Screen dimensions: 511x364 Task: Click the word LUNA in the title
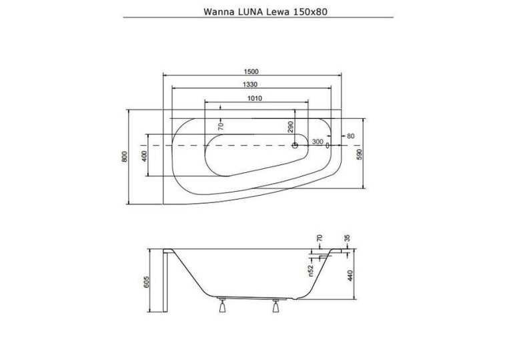point(248,12)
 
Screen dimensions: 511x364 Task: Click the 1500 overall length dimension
point(251,71)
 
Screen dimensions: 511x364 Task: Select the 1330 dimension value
point(250,84)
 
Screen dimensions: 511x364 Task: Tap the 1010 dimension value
point(255,98)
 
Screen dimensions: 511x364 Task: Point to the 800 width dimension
point(124,157)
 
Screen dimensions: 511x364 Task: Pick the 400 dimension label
point(145,156)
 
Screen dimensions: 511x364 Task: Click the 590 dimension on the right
point(360,154)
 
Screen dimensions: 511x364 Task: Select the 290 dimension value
point(291,126)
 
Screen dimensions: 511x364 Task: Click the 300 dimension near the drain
point(318,142)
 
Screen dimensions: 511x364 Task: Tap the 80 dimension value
point(351,136)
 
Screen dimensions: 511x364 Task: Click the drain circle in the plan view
point(295,145)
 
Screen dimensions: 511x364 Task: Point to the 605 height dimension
point(146,282)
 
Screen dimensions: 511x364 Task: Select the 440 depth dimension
point(351,276)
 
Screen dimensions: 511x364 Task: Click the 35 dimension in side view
point(347,238)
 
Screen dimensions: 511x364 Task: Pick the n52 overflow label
point(311,270)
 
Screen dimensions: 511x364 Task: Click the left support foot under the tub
point(222,305)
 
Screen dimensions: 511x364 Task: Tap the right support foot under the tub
point(276,305)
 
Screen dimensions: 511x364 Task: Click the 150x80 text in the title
point(311,12)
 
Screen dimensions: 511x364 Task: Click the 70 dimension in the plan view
point(221,126)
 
